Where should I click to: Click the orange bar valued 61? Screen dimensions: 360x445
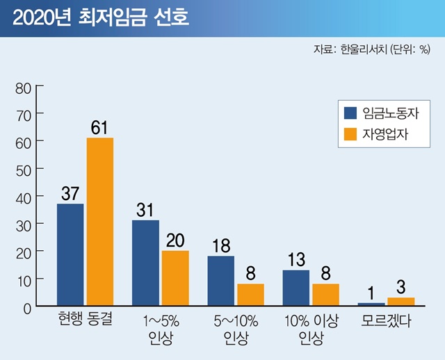coord(99,222)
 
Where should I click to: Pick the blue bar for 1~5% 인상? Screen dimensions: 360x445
coord(145,263)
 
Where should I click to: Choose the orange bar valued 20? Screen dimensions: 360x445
coord(175,278)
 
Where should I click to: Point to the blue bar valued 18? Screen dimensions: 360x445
coord(220,281)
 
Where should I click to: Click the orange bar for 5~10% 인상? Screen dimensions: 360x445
coord(250,295)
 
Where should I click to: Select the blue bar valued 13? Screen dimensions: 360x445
coord(296,288)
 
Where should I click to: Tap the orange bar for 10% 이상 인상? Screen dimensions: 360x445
coord(325,295)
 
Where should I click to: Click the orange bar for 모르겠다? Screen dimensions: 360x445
coord(400,302)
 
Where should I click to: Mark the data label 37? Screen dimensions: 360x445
coord(70,194)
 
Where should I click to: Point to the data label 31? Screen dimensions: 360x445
coord(145,210)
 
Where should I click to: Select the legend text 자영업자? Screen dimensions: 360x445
coord(384,134)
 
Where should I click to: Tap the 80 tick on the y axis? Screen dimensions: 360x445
coord(23,87)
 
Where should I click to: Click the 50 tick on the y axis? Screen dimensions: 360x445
coord(23,169)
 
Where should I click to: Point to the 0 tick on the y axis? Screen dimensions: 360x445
coord(26,306)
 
